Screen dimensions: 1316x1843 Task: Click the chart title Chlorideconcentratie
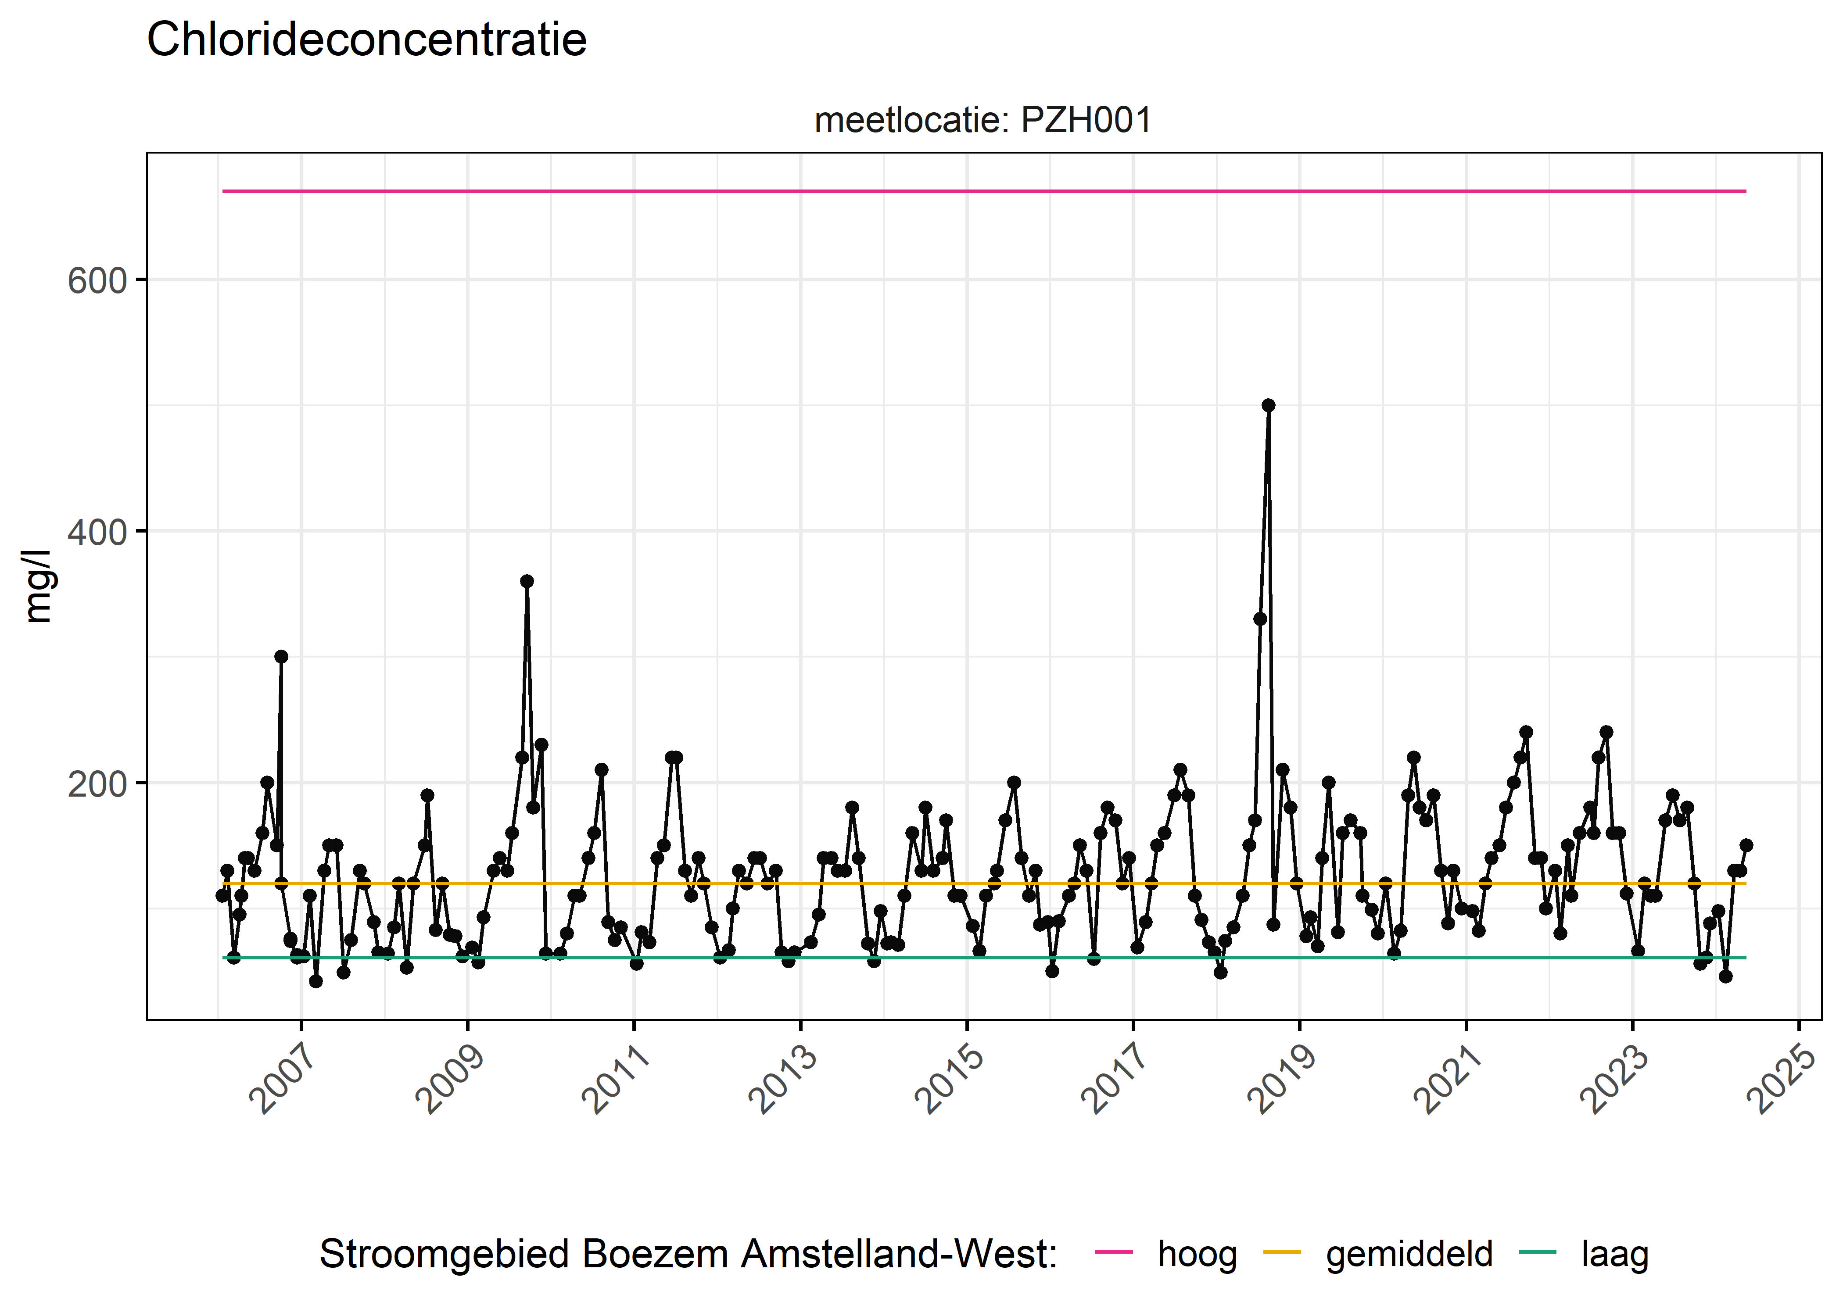click(366, 40)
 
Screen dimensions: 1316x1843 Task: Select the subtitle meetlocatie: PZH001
click(982, 121)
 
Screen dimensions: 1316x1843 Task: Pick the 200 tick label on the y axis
click(97, 783)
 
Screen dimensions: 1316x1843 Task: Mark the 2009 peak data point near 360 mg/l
click(527, 581)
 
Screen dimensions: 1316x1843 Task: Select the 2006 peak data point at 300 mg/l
click(281, 656)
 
